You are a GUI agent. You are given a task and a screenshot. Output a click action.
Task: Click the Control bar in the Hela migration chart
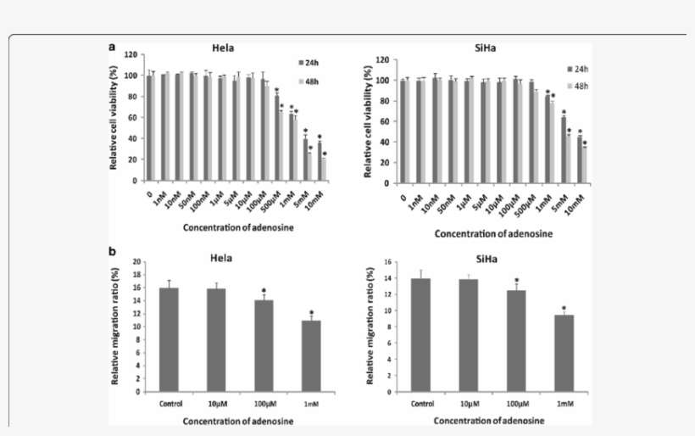click(169, 339)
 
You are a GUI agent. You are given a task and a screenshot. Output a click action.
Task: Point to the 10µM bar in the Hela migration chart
click(216, 339)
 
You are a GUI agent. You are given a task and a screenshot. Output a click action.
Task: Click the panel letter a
click(112, 48)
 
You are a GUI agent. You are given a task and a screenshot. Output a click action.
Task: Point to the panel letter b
click(112, 252)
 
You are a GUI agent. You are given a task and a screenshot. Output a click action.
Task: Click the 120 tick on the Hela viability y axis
click(130, 54)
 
